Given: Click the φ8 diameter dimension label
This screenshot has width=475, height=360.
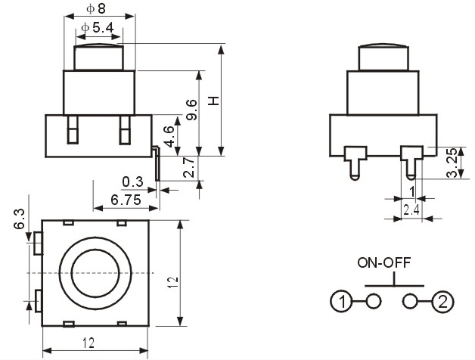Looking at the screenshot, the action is coord(96,8).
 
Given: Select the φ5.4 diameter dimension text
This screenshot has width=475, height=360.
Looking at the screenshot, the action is coord(98,28).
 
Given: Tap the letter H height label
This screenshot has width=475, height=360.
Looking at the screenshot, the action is coord(213,101).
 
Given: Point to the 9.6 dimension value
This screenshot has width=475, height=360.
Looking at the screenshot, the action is coord(191,110).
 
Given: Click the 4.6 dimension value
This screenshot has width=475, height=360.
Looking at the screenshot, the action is coord(169,137).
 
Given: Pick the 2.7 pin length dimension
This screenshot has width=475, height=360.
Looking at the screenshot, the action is coord(189,167).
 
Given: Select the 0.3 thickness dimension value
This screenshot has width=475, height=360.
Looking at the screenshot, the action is coord(132,182).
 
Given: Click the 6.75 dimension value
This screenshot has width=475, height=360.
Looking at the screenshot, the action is coord(126,200).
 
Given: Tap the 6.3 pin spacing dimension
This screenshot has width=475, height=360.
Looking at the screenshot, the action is coord(19,219).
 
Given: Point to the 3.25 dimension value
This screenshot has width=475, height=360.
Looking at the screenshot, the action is coord(452,163).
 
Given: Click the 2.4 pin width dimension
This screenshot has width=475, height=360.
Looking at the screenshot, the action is coord(411,209).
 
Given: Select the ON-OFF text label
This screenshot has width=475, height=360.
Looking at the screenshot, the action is coord(383,262).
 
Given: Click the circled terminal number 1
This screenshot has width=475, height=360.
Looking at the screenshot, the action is coord(341,302).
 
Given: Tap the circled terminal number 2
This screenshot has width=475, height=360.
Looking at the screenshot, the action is coord(442,302).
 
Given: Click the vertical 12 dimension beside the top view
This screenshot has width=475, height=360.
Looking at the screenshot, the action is coord(173,282).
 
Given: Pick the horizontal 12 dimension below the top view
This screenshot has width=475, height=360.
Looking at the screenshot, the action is coord(88,343).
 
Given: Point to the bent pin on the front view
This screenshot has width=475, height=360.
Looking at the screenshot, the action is coord(157,163).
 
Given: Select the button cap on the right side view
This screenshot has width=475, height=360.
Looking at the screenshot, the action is coord(383,57).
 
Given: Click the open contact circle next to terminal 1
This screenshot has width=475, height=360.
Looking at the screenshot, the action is coord(374,301).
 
